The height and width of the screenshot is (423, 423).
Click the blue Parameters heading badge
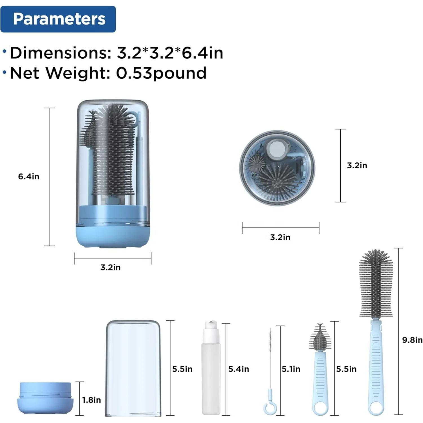58,19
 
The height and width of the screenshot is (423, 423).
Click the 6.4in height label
29,177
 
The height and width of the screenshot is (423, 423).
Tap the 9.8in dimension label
412,340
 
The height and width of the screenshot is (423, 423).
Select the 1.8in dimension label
91,400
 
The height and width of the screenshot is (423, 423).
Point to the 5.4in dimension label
239,369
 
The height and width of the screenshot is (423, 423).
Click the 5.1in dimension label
291,369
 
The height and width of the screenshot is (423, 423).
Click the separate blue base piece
45,398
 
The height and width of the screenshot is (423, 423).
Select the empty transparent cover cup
133,368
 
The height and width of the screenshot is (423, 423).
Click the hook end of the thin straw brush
270,408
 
